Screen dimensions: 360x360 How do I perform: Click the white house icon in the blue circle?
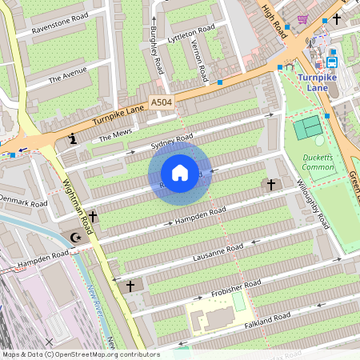click(180, 173)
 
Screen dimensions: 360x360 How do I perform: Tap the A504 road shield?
click(161, 101)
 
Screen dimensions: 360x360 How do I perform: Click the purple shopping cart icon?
click(302, 18)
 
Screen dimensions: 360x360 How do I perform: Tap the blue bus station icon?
click(331, 61)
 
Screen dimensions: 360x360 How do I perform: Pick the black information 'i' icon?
click(74, 138)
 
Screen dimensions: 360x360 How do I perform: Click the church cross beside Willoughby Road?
click(270, 185)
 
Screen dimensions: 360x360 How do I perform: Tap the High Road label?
click(274, 20)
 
